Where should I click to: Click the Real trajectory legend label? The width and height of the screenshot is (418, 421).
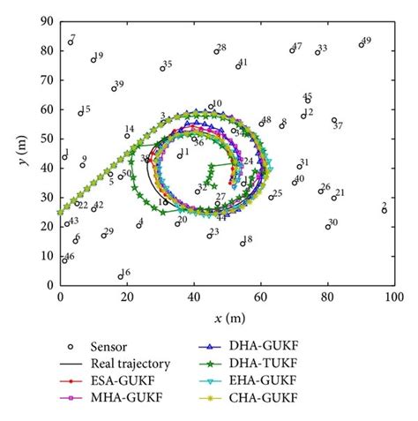coord(131,363)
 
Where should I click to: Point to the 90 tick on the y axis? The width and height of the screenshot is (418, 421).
coord(47,20)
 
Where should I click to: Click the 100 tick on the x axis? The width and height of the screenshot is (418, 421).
coord(393,297)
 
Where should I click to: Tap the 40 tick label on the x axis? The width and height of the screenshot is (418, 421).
coord(193,297)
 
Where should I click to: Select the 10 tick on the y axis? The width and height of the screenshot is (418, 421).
coord(47,256)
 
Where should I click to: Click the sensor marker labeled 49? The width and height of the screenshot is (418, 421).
coord(361,44)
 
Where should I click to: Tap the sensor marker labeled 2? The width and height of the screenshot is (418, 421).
coord(384,211)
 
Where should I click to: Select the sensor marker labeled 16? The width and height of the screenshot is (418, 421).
coord(120,276)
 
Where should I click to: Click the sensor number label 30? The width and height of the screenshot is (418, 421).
coord(333,222)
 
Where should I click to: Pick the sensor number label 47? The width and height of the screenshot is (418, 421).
coord(297,46)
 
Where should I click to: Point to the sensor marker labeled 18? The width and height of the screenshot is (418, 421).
coord(243,243)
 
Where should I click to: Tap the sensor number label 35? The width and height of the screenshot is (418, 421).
coord(168,64)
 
